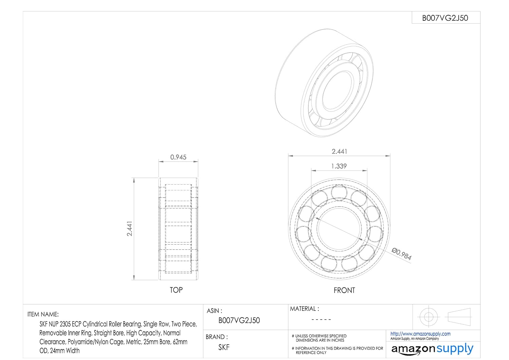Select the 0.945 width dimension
pos(178,157)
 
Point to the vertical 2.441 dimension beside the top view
pos(130,229)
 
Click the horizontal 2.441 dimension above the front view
pos(339,151)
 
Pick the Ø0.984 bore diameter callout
pos(402,254)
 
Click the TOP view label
pos(176,290)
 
